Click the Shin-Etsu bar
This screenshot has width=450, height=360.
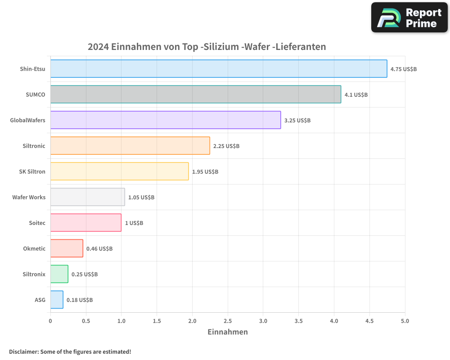click(x=218, y=69)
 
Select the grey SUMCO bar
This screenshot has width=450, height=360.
click(x=195, y=94)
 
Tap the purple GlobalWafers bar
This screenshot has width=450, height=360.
click(x=165, y=120)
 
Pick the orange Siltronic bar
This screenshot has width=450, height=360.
click(x=130, y=146)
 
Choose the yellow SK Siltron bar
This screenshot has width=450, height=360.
click(x=119, y=171)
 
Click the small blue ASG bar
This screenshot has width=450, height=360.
click(x=57, y=300)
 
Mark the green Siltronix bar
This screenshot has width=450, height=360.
click(x=59, y=274)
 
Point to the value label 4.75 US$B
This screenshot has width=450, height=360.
click(x=403, y=69)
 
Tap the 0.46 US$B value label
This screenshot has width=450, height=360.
click(x=99, y=249)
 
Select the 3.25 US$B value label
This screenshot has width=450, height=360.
click(x=297, y=121)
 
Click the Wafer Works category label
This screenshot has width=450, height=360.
click(x=29, y=197)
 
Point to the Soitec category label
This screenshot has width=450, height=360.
click(x=37, y=223)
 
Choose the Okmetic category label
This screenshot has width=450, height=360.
click(x=34, y=248)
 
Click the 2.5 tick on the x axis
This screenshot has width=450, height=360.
click(x=228, y=321)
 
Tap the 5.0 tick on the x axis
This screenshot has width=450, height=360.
click(x=405, y=321)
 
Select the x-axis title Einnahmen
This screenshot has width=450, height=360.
click(x=227, y=332)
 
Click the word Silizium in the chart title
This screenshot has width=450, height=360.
click(x=221, y=47)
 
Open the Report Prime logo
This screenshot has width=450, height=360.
click(x=409, y=18)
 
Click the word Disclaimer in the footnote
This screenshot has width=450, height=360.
click(x=23, y=351)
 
